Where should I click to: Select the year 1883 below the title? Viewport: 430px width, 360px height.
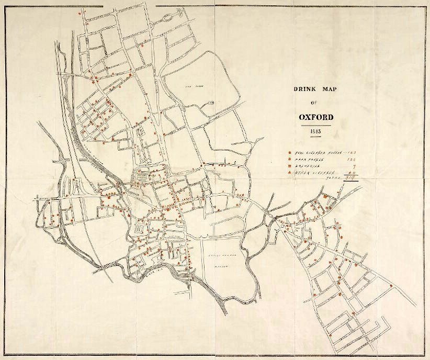click(x=315, y=131)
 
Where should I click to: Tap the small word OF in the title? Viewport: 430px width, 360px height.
click(x=314, y=103)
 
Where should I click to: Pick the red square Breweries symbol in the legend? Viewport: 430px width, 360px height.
click(x=290, y=167)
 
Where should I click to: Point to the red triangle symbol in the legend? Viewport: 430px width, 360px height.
click(x=290, y=174)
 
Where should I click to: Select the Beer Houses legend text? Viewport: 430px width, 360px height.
click(x=311, y=160)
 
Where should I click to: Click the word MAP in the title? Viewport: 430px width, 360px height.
click(x=329, y=89)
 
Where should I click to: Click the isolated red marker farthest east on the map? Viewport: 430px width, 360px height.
click(x=391, y=285)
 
